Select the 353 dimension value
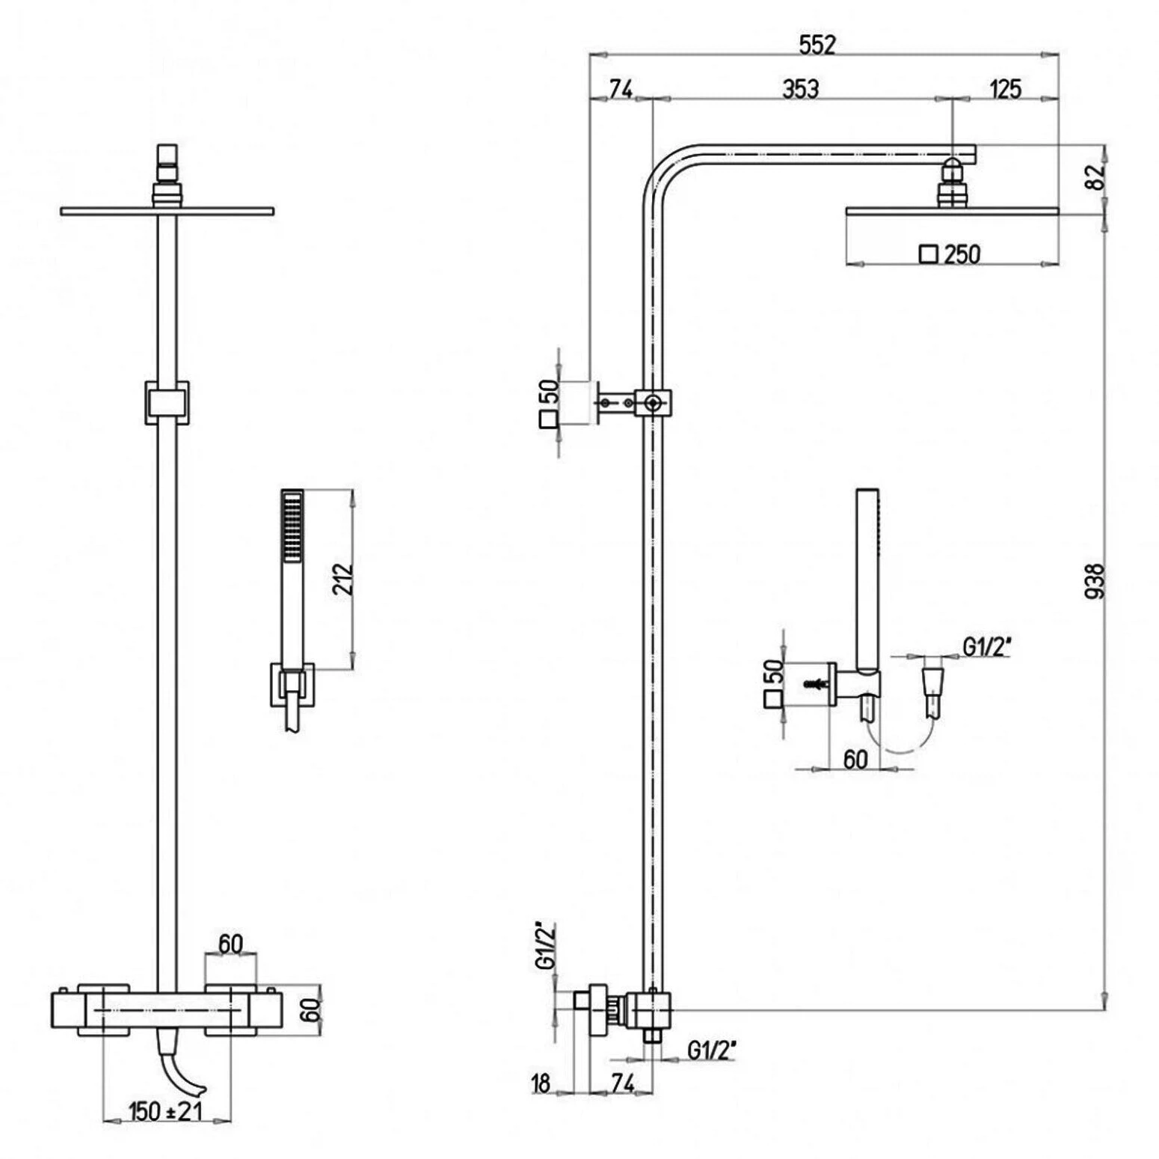[x=801, y=88]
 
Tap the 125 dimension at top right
[x=1006, y=88]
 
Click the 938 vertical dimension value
[x=1095, y=581]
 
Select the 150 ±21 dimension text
[x=165, y=1110]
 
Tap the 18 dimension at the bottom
[x=541, y=1082]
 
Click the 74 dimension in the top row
[x=621, y=89]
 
